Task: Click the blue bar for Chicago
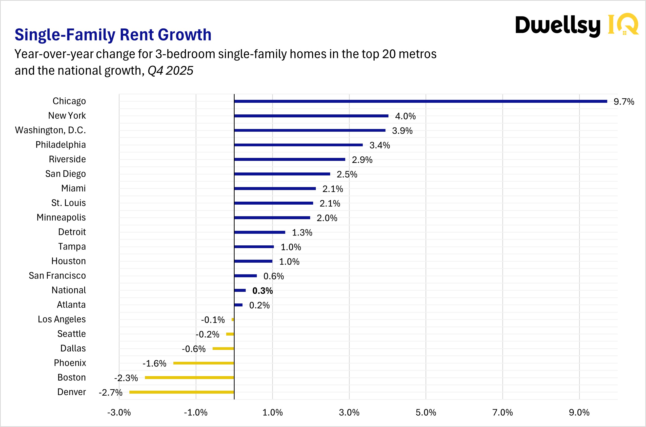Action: [x=420, y=101]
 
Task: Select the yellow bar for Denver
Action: [x=182, y=392]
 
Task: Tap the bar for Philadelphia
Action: [x=298, y=145]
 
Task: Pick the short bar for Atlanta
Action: [x=238, y=305]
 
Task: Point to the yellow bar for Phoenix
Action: [x=203, y=363]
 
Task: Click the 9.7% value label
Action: [x=624, y=102]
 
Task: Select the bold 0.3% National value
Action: [x=262, y=291]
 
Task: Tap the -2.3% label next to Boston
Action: [x=126, y=378]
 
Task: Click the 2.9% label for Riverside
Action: [x=362, y=160]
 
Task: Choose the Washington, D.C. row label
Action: [x=50, y=130]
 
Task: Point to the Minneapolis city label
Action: [x=61, y=217]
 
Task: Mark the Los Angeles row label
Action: [x=62, y=319]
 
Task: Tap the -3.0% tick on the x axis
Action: [x=119, y=413]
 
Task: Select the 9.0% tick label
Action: [x=579, y=413]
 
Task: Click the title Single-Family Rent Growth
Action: [x=113, y=35]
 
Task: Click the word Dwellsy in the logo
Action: [x=558, y=26]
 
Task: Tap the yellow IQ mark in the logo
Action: [x=623, y=24]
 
